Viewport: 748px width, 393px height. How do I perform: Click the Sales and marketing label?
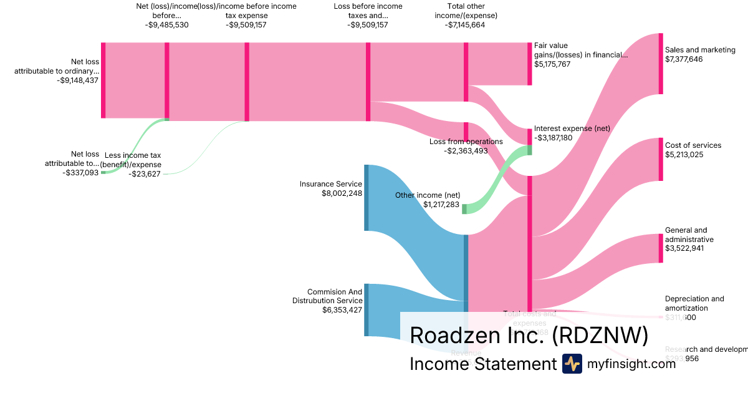[700, 50]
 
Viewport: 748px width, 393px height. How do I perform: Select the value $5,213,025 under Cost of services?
[684, 155]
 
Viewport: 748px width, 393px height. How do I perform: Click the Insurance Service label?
[330, 184]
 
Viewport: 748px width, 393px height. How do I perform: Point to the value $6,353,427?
[342, 309]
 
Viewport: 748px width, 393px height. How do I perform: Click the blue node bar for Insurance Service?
[367, 197]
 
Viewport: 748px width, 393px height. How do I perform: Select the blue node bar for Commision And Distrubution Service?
[367, 310]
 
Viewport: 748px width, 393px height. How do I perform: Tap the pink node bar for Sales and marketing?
[661, 64]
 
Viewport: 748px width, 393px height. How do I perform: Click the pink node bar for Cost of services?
[661, 159]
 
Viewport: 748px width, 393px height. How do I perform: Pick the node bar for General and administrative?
[661, 248]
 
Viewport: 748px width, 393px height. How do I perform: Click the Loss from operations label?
[466, 142]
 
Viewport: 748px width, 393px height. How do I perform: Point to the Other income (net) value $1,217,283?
[441, 205]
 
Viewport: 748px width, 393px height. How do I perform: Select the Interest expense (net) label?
[572, 129]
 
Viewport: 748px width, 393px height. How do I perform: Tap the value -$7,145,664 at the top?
[465, 25]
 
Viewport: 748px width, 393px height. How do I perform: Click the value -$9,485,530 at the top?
[166, 25]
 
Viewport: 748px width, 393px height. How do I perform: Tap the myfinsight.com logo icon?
[572, 364]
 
